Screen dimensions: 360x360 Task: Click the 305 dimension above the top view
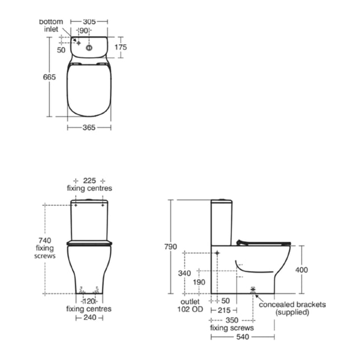coord(89,22)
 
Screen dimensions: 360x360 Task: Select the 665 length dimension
coord(49,77)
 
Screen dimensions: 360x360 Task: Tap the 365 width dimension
coord(89,128)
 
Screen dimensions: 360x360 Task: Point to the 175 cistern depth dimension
coord(121,47)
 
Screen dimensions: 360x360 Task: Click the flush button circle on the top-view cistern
coord(89,48)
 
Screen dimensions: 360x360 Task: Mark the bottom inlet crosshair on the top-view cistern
coord(78,43)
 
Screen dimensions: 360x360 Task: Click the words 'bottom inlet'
coord(51,26)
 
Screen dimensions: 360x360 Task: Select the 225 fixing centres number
coord(90,181)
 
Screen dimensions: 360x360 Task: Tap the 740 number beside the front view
coord(45,240)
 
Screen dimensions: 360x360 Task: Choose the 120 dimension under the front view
coord(89,301)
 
